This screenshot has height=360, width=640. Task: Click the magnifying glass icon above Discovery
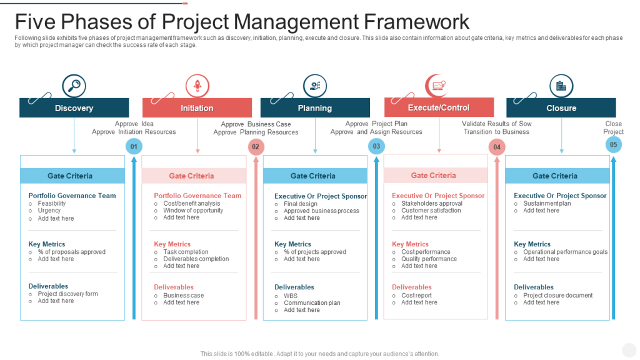74,86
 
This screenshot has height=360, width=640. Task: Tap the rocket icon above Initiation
197,86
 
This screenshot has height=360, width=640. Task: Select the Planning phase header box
315,107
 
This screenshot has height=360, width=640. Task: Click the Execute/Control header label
439,107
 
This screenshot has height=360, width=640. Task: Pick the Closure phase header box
561,107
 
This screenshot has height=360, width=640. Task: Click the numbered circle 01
134,146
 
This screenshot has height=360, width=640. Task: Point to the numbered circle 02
256,147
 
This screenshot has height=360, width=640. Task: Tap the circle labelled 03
376,146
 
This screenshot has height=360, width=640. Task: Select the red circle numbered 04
497,147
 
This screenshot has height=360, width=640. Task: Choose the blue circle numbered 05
614,144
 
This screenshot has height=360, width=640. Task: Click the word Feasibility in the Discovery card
51,203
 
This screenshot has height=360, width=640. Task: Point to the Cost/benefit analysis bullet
191,203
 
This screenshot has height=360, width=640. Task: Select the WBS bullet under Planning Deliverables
291,296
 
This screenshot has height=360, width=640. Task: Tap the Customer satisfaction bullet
431,210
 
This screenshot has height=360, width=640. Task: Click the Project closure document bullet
558,295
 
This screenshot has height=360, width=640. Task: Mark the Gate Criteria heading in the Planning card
313,176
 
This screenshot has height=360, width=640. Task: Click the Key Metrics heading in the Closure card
532,244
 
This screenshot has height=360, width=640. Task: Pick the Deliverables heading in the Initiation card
174,287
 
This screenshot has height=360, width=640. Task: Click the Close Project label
614,127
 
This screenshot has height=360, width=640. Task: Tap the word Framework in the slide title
417,22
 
